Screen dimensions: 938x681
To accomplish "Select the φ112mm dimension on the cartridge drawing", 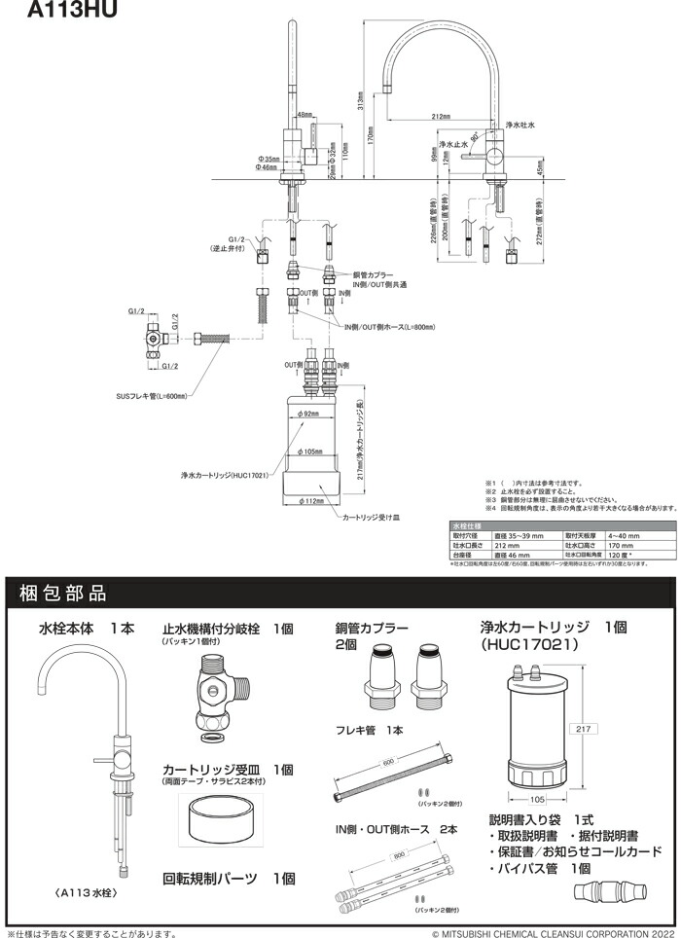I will [310, 501].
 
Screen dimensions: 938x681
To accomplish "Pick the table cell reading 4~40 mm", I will [624, 535].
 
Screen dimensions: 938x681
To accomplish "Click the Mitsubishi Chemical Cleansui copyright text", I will [554, 932].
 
